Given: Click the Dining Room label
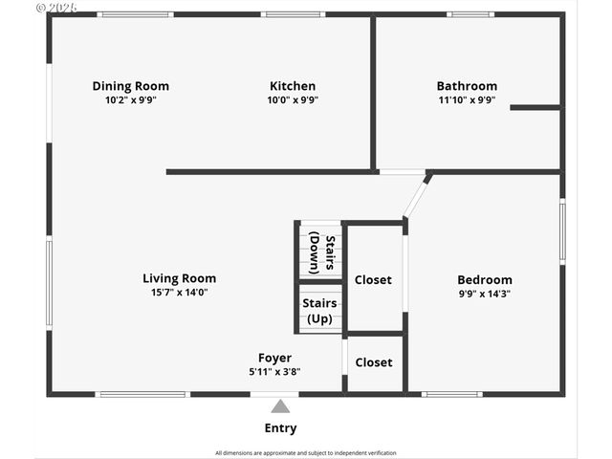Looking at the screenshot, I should (130, 86).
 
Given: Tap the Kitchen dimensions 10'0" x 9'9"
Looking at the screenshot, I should (292, 99).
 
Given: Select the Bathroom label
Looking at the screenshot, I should (467, 86).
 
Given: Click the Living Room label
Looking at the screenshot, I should (179, 279).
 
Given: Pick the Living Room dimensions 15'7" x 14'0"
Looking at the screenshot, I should (179, 293).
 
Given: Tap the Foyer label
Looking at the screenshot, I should (274, 359).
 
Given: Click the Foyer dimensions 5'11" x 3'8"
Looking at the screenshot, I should (274, 372).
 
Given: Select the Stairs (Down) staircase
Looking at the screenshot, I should (320, 251).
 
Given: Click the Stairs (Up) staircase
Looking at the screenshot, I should (320, 310).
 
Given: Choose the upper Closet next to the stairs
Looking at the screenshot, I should (373, 280).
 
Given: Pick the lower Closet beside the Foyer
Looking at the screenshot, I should (373, 362).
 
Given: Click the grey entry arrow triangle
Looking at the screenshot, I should (280, 406).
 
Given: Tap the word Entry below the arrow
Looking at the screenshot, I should (280, 428).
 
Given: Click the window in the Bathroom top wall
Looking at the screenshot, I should (470, 14).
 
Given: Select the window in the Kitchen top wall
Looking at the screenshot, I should (293, 14).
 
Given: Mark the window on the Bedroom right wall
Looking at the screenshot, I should (562, 230).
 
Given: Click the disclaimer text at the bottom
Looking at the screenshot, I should (305, 452).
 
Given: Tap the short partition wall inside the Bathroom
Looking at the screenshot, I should (535, 107).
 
